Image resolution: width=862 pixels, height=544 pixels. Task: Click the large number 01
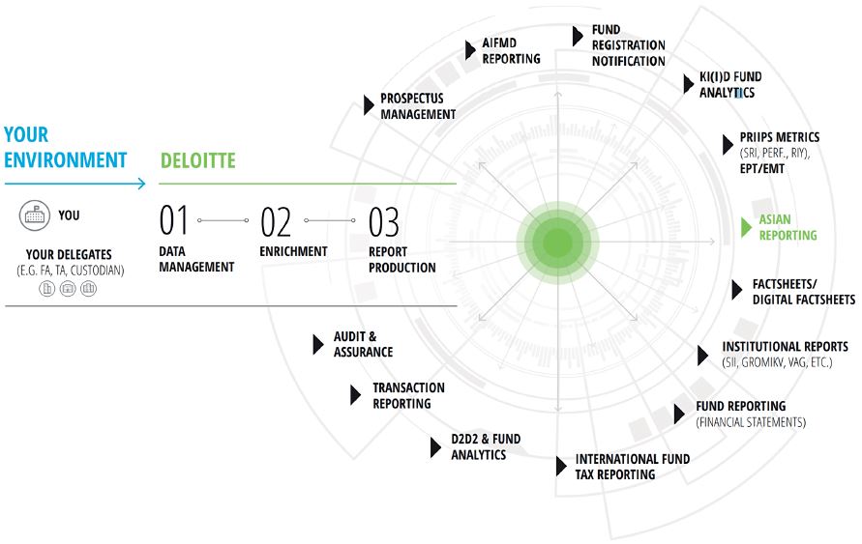[x=174, y=221]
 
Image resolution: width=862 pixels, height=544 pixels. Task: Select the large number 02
[x=277, y=222]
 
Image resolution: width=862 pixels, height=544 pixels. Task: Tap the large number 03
[x=384, y=222]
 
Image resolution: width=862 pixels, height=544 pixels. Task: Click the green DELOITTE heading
[x=197, y=160]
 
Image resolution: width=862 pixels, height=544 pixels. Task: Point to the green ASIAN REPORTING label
[x=788, y=227]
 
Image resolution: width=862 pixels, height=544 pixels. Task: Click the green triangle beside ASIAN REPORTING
[x=746, y=227]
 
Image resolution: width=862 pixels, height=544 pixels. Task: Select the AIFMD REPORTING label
[x=511, y=50]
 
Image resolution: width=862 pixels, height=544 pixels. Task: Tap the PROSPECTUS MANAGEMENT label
[x=417, y=106]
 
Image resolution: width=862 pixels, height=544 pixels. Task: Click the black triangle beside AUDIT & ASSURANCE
[x=317, y=344]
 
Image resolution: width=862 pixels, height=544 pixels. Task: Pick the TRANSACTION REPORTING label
[x=408, y=395]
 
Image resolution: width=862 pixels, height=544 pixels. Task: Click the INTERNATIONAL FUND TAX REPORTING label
[x=632, y=467]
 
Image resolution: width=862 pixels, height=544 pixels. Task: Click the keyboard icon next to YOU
[x=36, y=215]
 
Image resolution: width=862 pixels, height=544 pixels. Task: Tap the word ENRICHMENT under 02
[x=293, y=251]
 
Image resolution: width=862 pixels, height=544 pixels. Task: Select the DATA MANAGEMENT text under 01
[x=196, y=259]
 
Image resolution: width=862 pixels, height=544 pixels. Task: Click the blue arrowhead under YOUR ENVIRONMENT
[x=141, y=183]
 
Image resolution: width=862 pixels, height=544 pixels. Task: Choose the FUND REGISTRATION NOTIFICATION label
[x=628, y=45]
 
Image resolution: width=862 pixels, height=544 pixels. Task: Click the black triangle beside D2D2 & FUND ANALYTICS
[x=435, y=446]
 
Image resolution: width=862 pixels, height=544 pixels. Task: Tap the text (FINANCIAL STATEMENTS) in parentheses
[x=750, y=422]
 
